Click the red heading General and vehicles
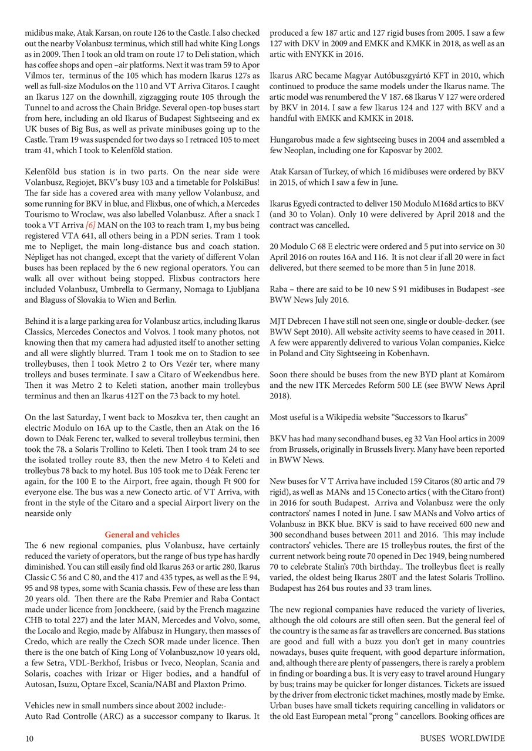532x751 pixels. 142,535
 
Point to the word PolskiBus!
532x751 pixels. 239,182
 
